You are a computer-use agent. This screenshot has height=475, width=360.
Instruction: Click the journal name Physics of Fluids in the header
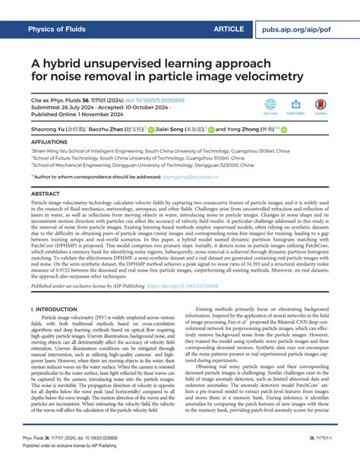tap(63, 29)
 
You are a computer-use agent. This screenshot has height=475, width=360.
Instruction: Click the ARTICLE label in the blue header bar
tap(229, 29)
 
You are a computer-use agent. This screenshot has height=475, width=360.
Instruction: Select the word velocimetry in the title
tap(261, 77)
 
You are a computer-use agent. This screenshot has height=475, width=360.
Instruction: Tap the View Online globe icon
tap(270, 104)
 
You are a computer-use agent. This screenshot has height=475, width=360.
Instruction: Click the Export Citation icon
tap(295, 104)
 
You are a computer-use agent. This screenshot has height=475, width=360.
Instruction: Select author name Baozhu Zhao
tap(123, 130)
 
